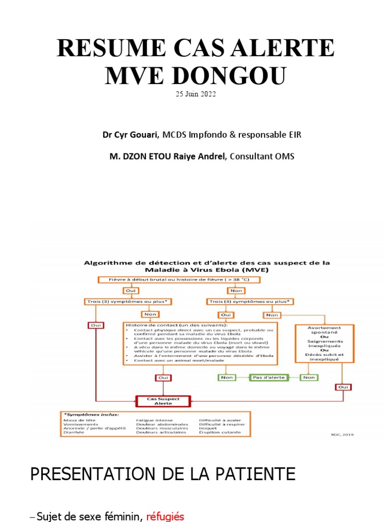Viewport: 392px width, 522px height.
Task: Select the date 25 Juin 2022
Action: [x=196, y=94]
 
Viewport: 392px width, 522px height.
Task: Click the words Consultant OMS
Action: [x=262, y=156]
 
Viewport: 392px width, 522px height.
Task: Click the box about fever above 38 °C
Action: [x=178, y=279]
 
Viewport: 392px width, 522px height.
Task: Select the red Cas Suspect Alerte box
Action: [x=164, y=401]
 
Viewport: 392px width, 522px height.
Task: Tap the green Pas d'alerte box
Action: [x=268, y=377]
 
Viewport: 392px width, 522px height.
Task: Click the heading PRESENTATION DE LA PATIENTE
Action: [x=163, y=475]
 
